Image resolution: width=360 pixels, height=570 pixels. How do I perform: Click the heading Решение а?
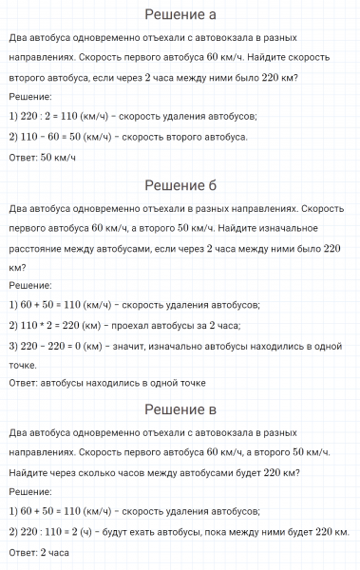(x=180, y=13)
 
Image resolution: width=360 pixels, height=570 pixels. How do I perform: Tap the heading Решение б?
(x=180, y=183)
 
